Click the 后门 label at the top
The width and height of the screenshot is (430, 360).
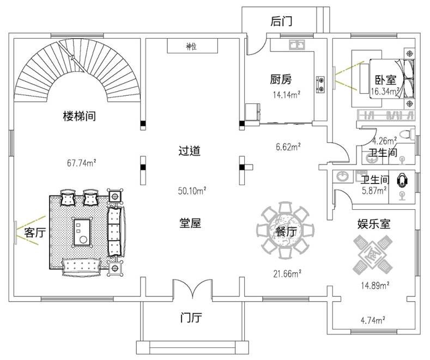click(281, 22)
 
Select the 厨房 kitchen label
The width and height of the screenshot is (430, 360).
click(281, 80)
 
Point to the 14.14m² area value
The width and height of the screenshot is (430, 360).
click(287, 94)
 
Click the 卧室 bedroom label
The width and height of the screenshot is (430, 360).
click(385, 80)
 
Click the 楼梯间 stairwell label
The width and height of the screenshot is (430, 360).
click(80, 116)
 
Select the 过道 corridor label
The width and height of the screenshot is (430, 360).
click(190, 151)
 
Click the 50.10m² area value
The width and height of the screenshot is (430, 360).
click(191, 191)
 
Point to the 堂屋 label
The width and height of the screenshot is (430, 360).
click(190, 223)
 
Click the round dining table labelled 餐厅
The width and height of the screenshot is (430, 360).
click(285, 231)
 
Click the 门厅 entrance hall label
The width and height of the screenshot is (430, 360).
click(191, 318)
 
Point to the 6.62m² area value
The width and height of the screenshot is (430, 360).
click(287, 146)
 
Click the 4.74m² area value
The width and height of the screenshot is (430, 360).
click(373, 320)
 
